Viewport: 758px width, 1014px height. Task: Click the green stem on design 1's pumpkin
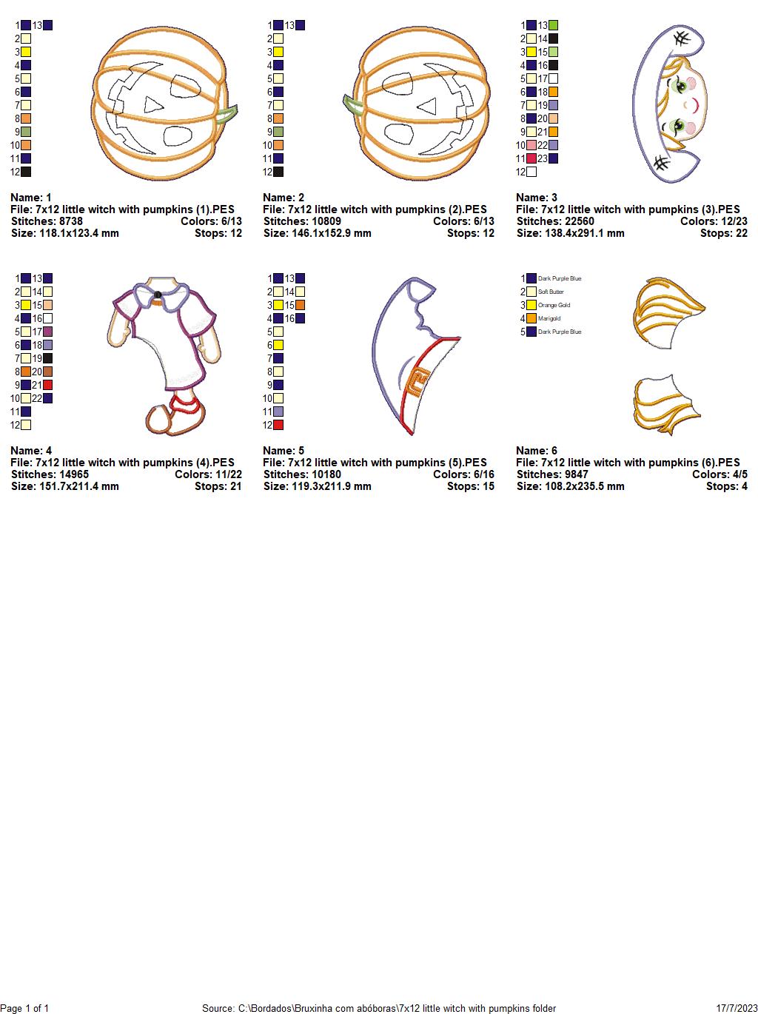227,114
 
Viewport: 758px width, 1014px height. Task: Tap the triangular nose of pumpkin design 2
428,107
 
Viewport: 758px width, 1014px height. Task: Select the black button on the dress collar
158,295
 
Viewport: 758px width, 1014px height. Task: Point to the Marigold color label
549,318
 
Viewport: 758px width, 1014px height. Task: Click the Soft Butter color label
551,292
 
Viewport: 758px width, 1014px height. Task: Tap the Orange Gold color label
554,305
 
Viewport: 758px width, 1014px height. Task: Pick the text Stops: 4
727,486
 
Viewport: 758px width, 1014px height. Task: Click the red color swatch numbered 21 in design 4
47,385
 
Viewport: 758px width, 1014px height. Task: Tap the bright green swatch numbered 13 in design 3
553,25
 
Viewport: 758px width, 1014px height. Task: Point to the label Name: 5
284,451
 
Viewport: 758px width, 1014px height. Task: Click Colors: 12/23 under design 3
714,221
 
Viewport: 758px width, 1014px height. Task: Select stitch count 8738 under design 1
70,221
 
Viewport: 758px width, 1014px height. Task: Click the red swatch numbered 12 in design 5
278,425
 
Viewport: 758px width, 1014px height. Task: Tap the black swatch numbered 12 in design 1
26,172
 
